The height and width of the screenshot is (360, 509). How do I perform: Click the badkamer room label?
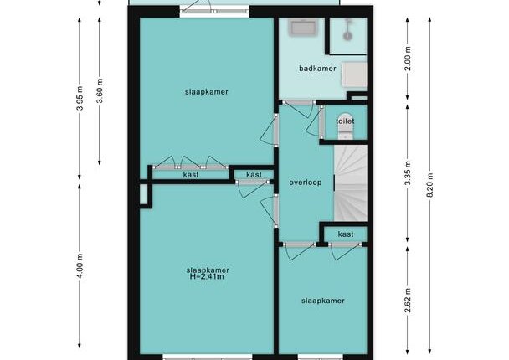[317, 69]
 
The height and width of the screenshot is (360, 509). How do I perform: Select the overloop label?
[306, 183]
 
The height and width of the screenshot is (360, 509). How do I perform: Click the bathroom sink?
[304, 27]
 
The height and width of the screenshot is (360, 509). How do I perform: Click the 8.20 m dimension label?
[429, 185]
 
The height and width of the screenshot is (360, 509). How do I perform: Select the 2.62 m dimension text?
[408, 301]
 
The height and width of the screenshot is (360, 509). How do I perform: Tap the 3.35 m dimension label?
[408, 173]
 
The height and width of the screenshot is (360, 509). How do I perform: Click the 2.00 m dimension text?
[408, 59]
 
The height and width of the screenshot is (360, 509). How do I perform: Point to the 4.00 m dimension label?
[80, 266]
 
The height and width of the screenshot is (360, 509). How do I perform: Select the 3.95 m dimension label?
[80, 98]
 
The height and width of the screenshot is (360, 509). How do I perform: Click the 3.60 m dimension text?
[100, 91]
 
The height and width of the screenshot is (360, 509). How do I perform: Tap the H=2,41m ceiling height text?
[207, 276]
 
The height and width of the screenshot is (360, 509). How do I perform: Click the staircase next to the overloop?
[351, 183]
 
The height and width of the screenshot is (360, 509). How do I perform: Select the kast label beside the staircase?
[346, 234]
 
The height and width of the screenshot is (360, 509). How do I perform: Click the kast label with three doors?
[191, 175]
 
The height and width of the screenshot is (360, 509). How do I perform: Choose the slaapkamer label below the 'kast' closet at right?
[322, 301]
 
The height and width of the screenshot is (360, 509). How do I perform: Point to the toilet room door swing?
[313, 121]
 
